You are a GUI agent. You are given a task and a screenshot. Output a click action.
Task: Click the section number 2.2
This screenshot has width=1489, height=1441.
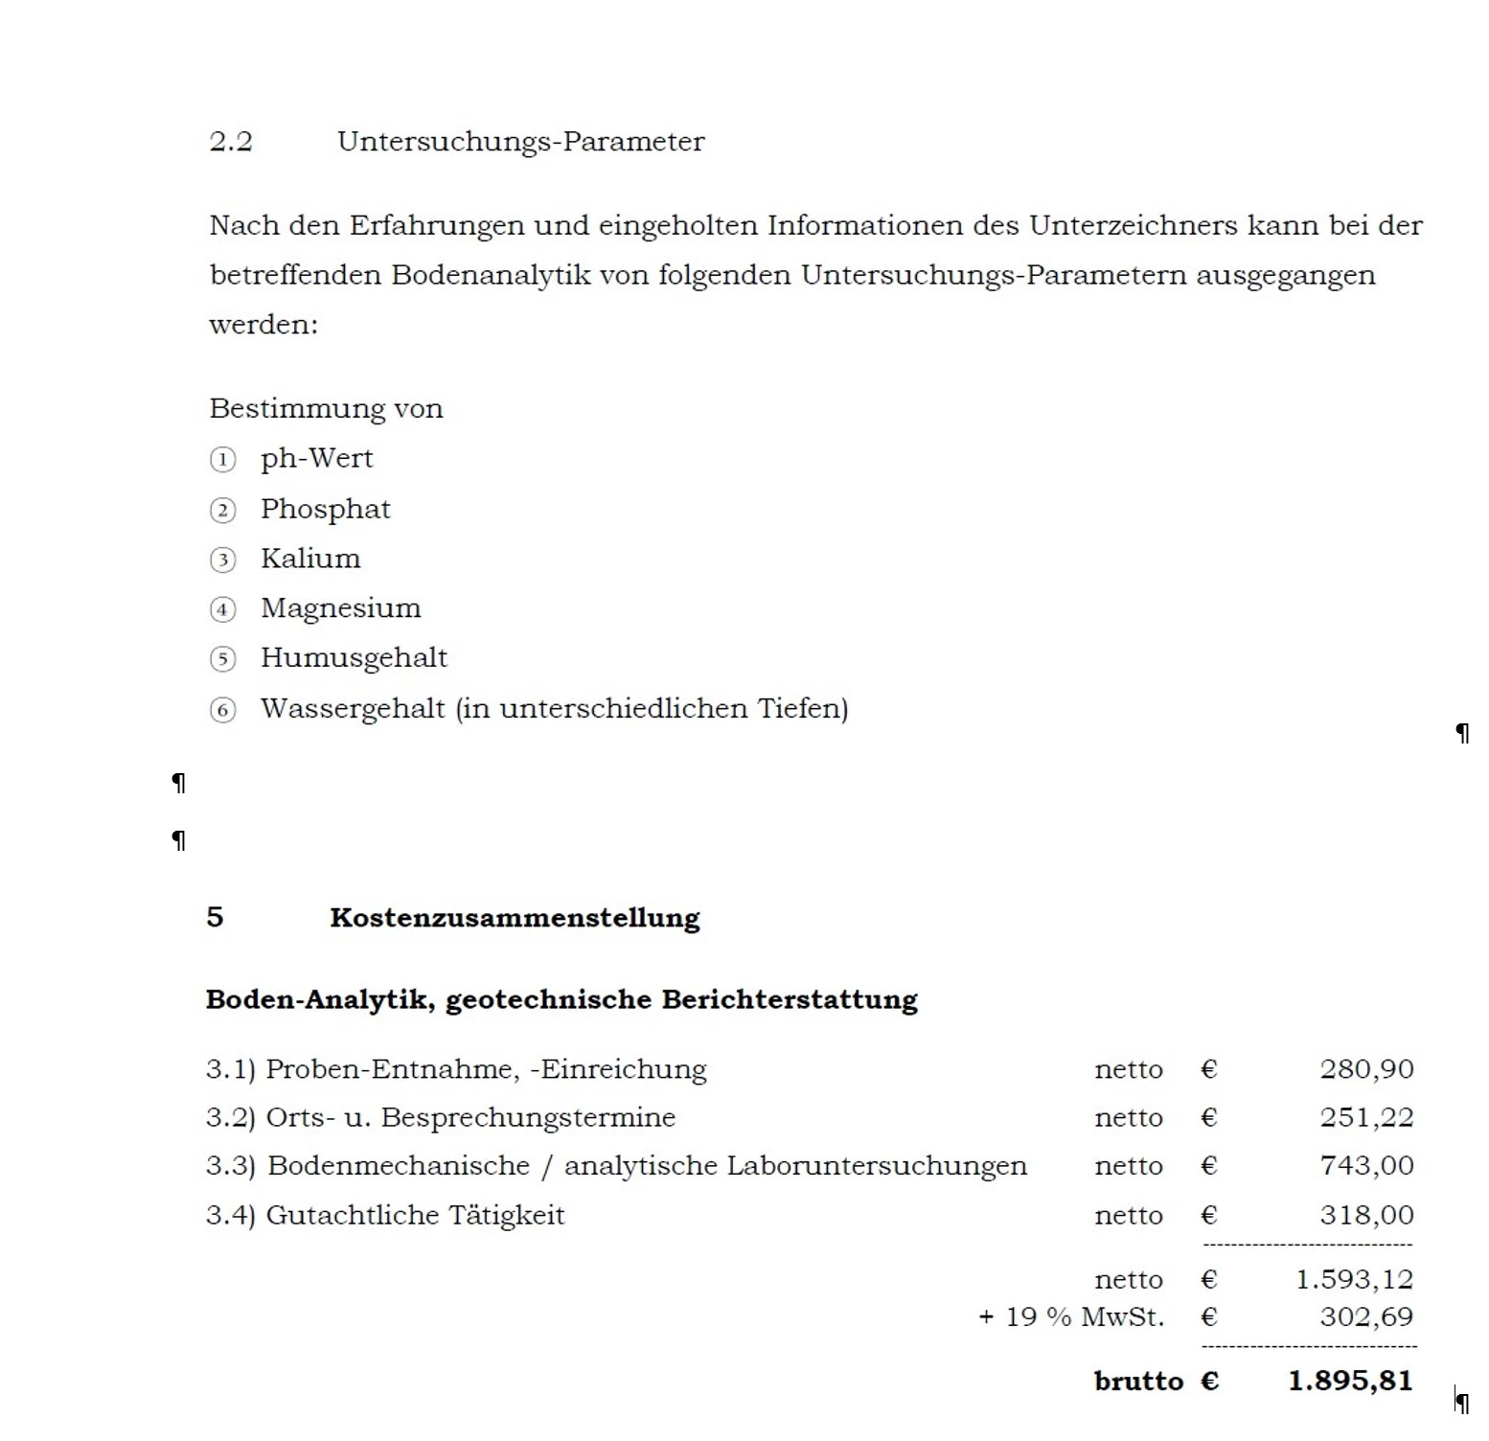230,142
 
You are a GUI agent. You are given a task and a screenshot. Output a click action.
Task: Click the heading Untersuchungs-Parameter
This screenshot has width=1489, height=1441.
520,142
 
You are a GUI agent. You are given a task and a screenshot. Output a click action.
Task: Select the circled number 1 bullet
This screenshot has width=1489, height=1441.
222,460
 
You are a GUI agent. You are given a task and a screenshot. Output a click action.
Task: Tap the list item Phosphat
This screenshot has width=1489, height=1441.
325,509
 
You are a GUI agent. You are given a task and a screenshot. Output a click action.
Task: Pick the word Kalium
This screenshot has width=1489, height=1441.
310,559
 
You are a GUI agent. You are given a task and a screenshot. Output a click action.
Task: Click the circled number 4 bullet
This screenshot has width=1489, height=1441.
222,609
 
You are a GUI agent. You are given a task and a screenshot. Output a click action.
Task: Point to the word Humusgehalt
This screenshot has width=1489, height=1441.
354,658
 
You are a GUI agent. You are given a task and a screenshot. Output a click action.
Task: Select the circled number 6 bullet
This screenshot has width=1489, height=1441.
222,710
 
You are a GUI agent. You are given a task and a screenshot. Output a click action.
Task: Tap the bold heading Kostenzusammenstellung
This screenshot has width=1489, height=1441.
515,918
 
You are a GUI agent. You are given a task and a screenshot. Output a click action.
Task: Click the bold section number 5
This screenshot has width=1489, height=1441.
215,917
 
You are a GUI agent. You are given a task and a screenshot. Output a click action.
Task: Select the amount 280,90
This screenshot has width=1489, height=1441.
1366,1069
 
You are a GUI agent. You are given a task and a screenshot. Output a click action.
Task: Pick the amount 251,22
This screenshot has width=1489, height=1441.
1366,1117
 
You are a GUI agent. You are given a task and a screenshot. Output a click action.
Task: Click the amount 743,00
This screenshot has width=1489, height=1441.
1366,1166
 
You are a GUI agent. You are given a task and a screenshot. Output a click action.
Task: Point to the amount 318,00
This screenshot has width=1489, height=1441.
1366,1215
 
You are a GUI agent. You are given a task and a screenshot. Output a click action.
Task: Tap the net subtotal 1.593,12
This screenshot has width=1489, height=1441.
1354,1279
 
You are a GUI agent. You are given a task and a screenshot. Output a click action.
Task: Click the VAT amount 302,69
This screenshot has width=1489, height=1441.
1366,1316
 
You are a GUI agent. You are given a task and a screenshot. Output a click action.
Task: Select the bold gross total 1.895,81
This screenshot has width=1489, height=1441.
1350,1381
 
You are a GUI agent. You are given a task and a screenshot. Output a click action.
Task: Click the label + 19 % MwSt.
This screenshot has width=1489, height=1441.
1070,1317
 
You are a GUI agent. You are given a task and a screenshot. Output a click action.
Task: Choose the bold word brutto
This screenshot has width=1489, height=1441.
1138,1382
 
